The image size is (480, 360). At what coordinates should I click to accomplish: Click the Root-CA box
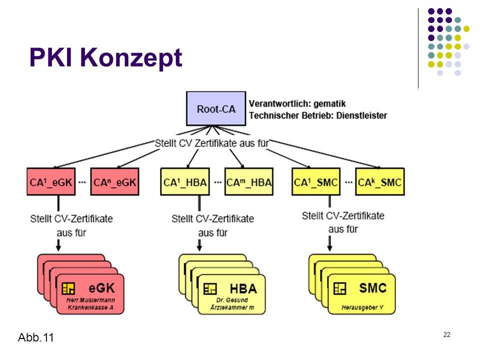point(216,108)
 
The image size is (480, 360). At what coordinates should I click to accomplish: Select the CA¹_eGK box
point(51,181)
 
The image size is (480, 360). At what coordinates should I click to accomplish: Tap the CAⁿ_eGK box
point(115,181)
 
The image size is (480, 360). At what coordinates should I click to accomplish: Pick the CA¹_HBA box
point(185,181)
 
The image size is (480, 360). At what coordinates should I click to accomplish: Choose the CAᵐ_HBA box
point(249,181)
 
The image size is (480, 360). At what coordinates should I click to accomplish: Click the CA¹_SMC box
point(316,181)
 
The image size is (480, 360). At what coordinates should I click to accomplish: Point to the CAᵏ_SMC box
point(380,181)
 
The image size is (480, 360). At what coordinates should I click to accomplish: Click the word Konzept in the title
point(131,58)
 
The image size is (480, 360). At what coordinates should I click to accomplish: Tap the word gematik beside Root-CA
point(329,104)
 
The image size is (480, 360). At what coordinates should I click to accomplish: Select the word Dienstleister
point(361,115)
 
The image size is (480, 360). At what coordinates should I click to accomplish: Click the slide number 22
point(447,334)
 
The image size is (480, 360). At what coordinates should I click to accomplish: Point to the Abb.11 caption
point(36,337)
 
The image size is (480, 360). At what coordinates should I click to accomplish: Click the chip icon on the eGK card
point(68,288)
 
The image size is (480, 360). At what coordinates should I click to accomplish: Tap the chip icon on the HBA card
point(210,288)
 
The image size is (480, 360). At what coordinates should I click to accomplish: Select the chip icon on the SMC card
point(340,288)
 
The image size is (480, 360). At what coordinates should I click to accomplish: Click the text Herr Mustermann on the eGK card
point(90,300)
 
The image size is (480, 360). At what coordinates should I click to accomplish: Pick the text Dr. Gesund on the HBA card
point(232,300)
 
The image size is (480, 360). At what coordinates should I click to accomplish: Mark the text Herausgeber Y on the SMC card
point(362,307)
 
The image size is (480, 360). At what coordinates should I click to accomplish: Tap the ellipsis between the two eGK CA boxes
point(82,182)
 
